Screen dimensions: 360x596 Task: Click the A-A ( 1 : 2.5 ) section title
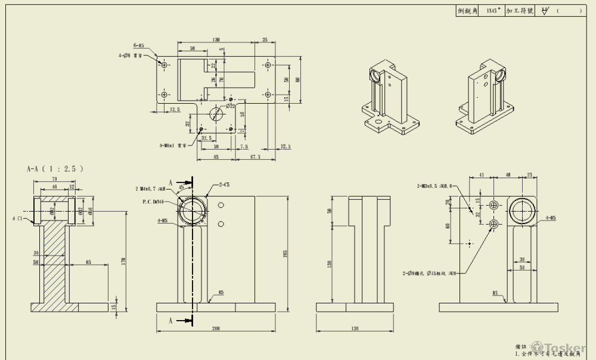point(55,169)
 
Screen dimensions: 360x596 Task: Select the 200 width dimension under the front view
point(216,328)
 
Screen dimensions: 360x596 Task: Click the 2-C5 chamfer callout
point(226,185)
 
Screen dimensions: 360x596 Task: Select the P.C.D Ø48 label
point(154,201)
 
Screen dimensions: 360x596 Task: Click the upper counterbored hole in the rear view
point(493,205)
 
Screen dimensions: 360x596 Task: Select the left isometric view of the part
point(390,98)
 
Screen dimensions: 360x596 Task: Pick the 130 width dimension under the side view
point(355,328)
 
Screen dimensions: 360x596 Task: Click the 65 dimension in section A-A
point(88,262)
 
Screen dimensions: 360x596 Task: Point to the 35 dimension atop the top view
point(265,40)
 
